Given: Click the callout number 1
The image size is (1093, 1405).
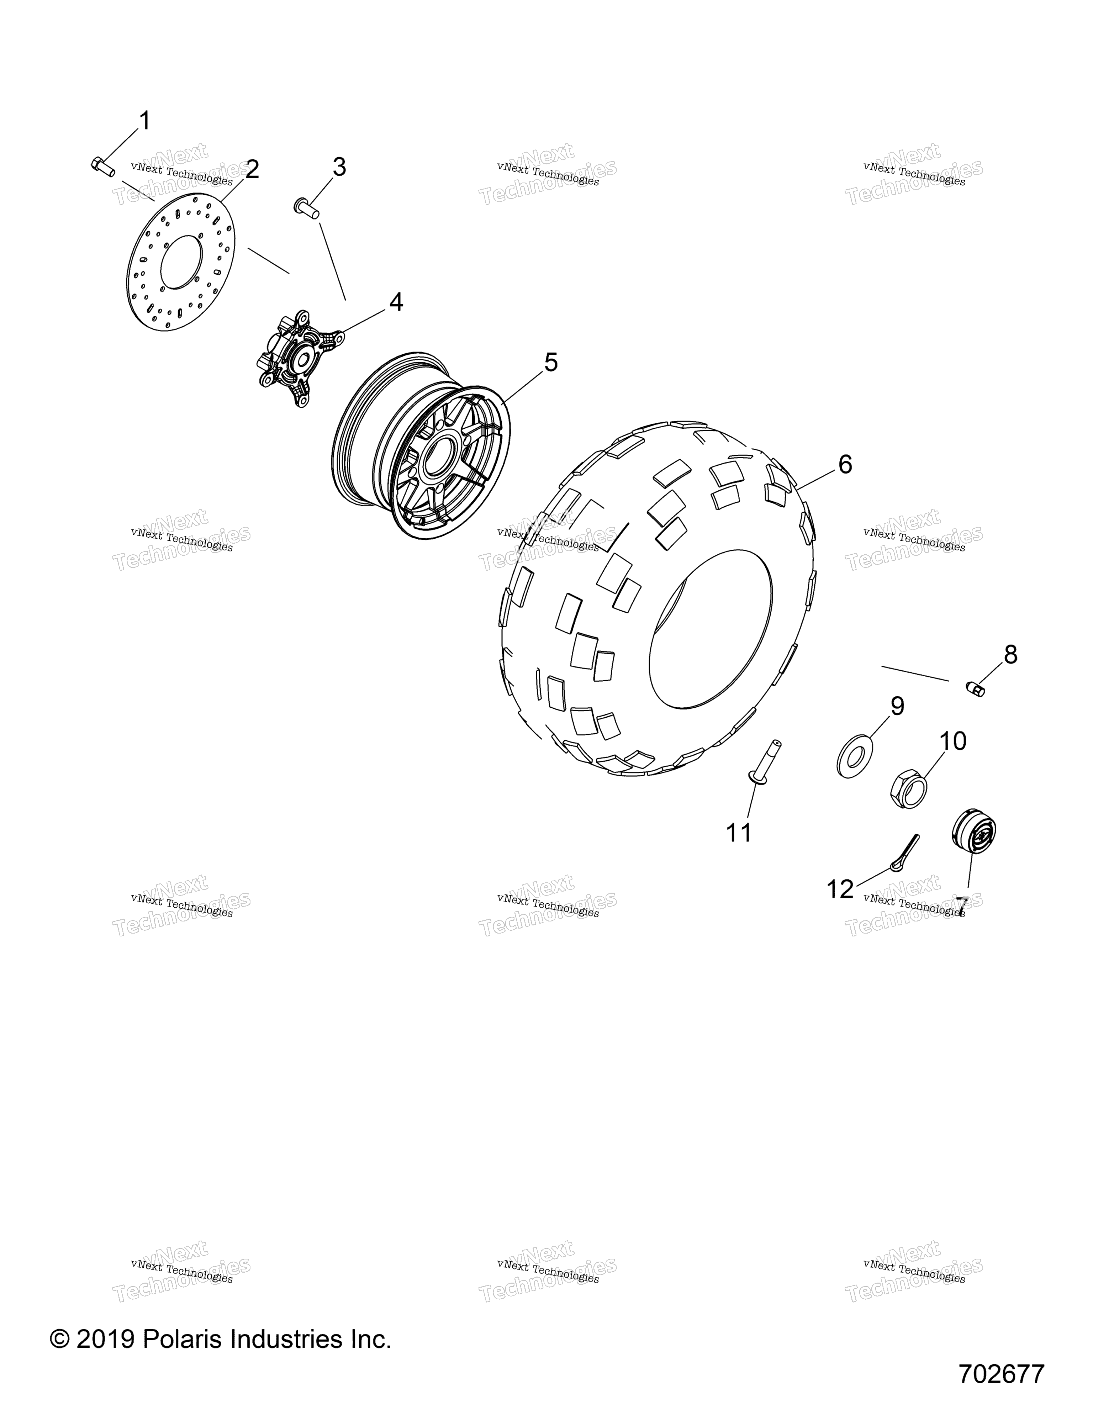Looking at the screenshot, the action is (x=146, y=120).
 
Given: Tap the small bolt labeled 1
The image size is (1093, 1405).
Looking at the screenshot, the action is (x=102, y=165).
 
